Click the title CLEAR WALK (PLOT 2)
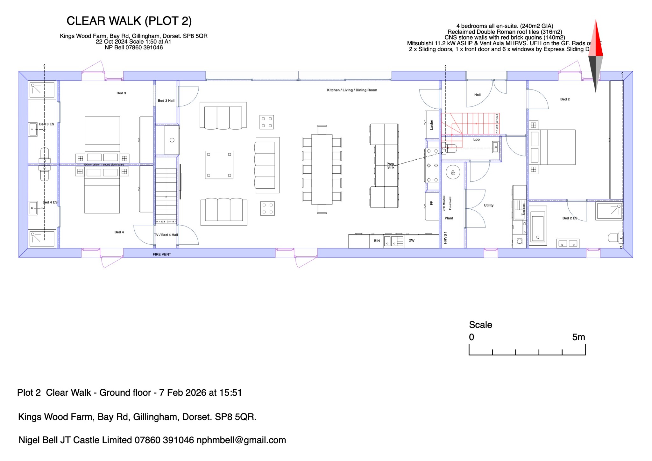click(x=129, y=21)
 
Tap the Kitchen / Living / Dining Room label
click(x=352, y=90)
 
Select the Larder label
click(x=432, y=125)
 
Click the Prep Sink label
click(x=391, y=166)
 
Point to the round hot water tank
click(x=453, y=172)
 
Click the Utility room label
click(x=489, y=205)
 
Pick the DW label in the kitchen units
click(x=411, y=241)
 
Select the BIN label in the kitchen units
click(x=377, y=241)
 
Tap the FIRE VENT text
click(x=162, y=254)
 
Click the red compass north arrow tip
click(x=596, y=21)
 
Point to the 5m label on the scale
click(x=578, y=337)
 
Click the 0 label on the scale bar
click(x=471, y=337)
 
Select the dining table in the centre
click(x=322, y=169)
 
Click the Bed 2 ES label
click(x=570, y=218)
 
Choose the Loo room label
click(x=476, y=140)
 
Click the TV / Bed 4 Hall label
click(x=166, y=235)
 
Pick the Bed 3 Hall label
click(x=166, y=101)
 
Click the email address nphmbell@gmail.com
click(x=241, y=440)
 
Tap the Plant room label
click(x=449, y=218)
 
